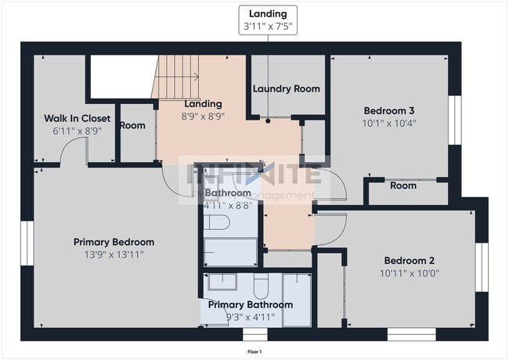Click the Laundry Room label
(x=286, y=89)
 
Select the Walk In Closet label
(x=77, y=119)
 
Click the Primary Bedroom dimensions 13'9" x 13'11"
(x=114, y=254)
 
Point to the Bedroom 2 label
(x=410, y=261)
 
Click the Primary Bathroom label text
(x=248, y=304)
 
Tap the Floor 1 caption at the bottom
(x=254, y=351)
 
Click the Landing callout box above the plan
(x=268, y=20)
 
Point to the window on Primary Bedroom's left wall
(x=25, y=244)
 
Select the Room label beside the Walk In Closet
(x=132, y=125)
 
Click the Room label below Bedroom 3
(x=403, y=186)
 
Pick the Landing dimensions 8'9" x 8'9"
(x=203, y=116)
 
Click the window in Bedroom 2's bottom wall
(x=411, y=334)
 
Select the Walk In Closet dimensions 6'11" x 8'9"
(x=77, y=131)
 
